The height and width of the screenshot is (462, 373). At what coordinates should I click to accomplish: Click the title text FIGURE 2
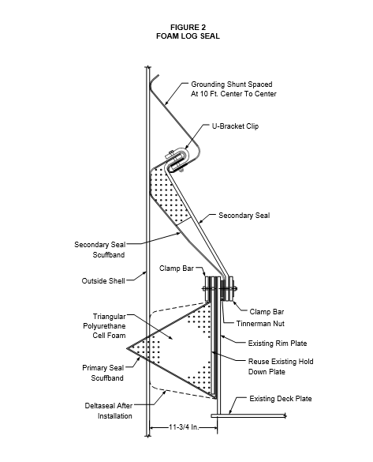[x=188, y=28]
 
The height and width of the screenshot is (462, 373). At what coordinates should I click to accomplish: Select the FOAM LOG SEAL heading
[x=188, y=36]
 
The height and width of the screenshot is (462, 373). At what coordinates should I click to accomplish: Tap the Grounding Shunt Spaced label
[x=232, y=85]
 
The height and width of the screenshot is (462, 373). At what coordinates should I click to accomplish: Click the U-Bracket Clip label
[x=235, y=126]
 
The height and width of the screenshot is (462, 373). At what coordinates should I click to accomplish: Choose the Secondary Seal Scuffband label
[x=100, y=250]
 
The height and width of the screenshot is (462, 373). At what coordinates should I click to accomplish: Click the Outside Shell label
[x=103, y=281]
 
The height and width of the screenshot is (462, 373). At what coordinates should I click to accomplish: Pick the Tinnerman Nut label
[x=260, y=324]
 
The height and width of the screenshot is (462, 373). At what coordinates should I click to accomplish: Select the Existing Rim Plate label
[x=278, y=344]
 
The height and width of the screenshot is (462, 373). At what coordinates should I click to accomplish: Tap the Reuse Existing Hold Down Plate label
[x=281, y=366]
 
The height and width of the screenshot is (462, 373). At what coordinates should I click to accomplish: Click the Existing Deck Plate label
[x=281, y=399]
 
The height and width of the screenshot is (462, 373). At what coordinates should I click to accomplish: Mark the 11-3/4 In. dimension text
[x=184, y=427]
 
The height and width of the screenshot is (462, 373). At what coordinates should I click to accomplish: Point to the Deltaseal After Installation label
[x=109, y=411]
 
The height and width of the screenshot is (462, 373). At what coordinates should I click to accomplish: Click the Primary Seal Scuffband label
[x=103, y=373]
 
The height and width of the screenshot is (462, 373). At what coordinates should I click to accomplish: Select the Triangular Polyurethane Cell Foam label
[x=104, y=326]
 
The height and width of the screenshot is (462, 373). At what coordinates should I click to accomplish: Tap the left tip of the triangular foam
[x=127, y=348]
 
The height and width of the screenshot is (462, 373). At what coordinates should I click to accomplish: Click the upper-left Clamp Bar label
[x=177, y=269]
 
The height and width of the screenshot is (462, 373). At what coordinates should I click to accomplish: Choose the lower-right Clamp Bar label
[x=267, y=312]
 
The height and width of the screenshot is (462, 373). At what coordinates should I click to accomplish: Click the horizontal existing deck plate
[x=248, y=415]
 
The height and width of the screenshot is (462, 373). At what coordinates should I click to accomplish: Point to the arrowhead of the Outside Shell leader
[x=145, y=272]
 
